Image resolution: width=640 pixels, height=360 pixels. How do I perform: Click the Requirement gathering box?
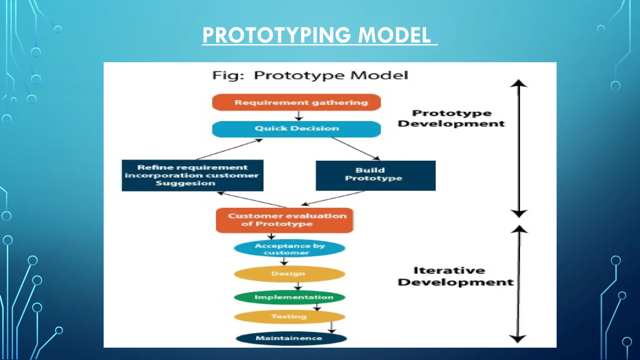tap(296, 102)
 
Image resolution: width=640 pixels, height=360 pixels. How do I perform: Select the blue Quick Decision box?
tap(296, 129)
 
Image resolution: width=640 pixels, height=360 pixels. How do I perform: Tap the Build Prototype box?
tap(375, 175)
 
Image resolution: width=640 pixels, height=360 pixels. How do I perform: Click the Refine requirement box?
tap(192, 175)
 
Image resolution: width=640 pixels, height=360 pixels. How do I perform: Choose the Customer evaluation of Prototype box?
tap(284, 220)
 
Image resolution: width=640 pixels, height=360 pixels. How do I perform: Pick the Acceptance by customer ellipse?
tap(289, 249)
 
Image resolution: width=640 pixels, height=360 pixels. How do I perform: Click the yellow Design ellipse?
tap(289, 274)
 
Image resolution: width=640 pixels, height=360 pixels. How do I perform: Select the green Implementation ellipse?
tap(289, 297)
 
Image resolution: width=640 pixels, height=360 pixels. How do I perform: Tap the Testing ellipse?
tap(289, 317)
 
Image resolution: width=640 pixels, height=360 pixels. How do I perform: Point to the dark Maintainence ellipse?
tap(291, 338)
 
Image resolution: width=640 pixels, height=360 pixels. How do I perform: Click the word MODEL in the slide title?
tap(394, 35)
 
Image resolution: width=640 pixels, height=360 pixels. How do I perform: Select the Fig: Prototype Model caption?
tap(310, 75)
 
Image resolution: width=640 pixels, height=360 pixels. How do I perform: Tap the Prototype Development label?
tap(451, 118)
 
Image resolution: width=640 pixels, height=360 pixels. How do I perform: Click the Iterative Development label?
tap(455, 276)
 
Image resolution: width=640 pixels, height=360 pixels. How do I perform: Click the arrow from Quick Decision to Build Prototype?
tap(355, 148)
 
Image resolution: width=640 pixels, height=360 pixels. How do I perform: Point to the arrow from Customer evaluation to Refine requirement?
tap(252, 200)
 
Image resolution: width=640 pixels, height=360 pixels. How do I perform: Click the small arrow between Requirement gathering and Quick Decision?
tap(299, 116)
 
